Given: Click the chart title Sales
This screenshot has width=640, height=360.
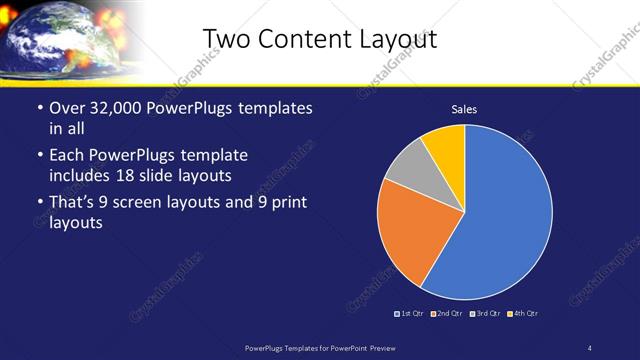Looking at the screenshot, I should tap(464, 109).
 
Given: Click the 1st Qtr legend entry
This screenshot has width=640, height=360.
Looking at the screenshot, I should tap(411, 314).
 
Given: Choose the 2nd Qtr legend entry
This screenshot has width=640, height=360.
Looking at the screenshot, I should tap(446, 314).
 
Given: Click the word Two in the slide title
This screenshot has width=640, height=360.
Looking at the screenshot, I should tap(226, 38).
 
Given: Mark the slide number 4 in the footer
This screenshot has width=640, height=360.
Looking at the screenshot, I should tap(590, 347).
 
